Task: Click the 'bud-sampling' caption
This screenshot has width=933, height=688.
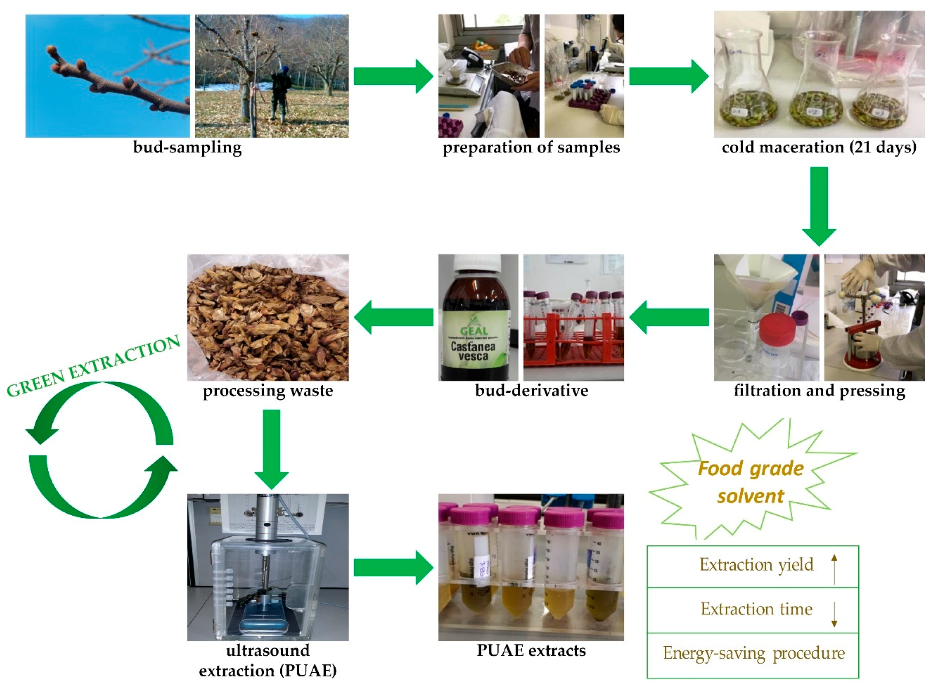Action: [x=187, y=147]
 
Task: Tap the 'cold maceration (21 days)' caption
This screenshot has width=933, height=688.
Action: [x=819, y=147]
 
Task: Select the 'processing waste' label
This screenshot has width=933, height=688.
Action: [x=268, y=391]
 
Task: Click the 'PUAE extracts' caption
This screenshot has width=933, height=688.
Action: [x=531, y=650]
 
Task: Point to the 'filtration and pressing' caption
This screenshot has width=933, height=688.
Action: [x=819, y=391]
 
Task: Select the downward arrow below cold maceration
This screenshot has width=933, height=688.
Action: [x=819, y=206]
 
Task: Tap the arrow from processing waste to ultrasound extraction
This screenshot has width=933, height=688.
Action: [x=272, y=448]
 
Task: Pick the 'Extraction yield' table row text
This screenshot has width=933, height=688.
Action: [x=756, y=565]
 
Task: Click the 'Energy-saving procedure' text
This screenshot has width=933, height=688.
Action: [x=754, y=653]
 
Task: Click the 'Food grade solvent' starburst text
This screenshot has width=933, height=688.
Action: [x=751, y=482]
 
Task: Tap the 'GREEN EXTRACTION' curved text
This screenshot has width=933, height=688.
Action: [x=94, y=366]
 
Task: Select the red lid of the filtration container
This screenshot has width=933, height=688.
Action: [x=777, y=328]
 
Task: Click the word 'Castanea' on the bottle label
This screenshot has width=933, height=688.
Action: [x=473, y=346]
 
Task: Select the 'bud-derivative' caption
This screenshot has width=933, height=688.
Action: [x=531, y=391]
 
